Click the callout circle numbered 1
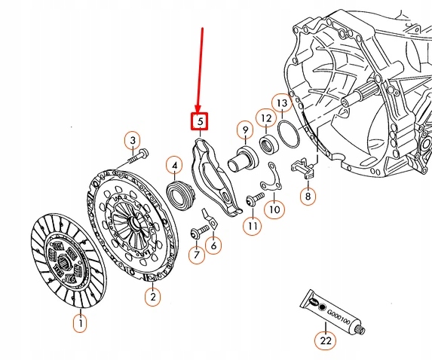(x=79, y=324)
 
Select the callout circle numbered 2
(x=153, y=297)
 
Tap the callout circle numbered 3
(x=132, y=141)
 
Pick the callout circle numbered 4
(x=173, y=165)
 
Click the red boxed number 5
(x=200, y=121)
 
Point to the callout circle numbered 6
(x=213, y=245)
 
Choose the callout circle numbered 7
(x=196, y=255)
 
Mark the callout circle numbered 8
(x=307, y=197)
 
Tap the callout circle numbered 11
(x=252, y=224)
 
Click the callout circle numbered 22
(x=325, y=340)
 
